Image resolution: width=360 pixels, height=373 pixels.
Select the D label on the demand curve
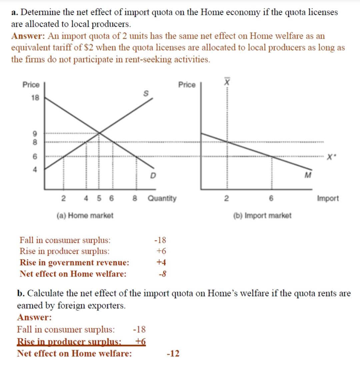pos(152,176)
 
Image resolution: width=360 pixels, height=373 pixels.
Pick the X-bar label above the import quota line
pos(227,81)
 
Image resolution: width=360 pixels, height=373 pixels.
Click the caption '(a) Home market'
pos(84,215)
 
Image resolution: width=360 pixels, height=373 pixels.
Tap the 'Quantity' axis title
pos(162,198)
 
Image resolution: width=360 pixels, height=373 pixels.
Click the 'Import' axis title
pos(328,198)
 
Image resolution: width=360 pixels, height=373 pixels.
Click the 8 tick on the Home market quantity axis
pos(135,198)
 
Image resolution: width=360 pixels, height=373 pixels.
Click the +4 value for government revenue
pos(161,262)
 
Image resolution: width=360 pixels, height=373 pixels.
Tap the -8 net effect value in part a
pos(162,274)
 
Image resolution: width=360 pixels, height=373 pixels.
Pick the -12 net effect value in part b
pos(173,353)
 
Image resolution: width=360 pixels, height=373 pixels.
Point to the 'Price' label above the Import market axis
pos(187,85)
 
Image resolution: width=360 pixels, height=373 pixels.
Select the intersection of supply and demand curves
pos(99,133)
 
